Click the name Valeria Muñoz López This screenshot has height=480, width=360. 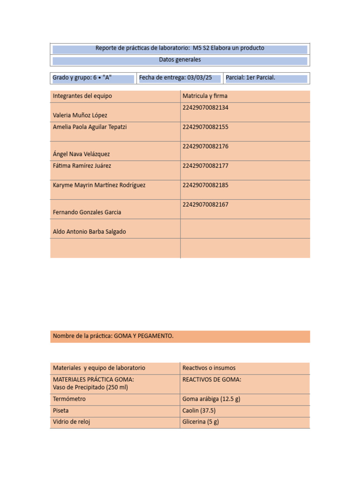80,115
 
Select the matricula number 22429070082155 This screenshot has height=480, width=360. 205,127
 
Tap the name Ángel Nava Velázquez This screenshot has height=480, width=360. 82,154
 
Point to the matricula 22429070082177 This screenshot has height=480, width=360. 205,166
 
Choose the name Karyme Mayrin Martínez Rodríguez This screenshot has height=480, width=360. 99,185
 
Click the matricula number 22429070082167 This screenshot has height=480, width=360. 205,205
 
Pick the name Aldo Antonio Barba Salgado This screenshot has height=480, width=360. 90,232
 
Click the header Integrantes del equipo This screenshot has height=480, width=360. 82,96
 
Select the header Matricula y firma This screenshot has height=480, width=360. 205,96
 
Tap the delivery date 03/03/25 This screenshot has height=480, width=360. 199,78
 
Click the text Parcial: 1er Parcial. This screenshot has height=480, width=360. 250,78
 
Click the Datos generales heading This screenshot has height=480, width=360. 180,60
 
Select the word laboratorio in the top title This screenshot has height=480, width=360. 170,48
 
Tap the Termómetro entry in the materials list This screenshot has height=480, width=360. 69,399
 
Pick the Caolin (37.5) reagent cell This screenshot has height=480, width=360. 199,411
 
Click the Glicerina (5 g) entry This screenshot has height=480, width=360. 201,422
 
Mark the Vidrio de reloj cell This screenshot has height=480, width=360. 72,422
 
